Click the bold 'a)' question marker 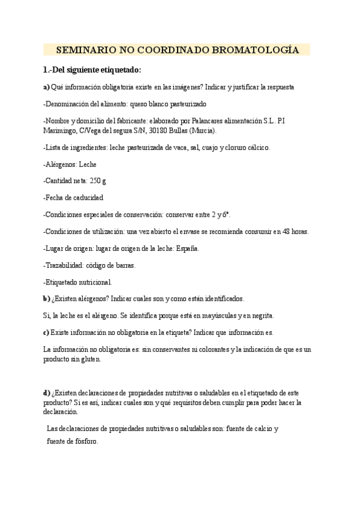coord(47,87)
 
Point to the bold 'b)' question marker coord(47,298)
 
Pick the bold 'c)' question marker coord(46,332)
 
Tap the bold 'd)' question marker coord(47,393)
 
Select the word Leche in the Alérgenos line coord(88,164)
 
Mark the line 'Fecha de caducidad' coord(73,197)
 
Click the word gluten coord(91,360)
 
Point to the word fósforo coord(83,440)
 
